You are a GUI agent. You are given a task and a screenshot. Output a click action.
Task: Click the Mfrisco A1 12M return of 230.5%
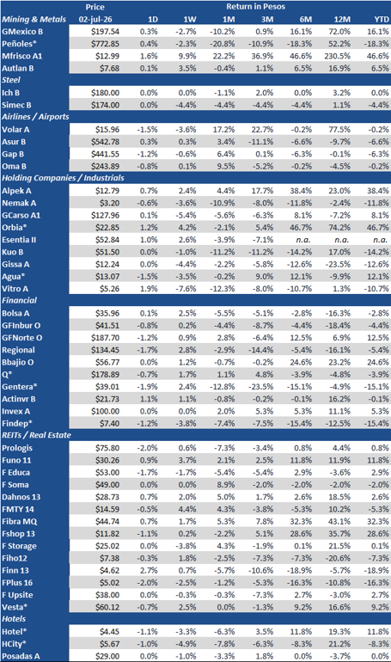point(338,56)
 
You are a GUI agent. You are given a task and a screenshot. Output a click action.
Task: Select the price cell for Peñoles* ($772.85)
point(106,44)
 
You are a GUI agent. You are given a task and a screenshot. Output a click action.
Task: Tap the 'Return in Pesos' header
point(255,7)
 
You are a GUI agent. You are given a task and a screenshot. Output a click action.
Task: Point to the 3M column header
point(267,20)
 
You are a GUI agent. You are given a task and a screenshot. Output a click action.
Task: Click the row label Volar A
point(14,130)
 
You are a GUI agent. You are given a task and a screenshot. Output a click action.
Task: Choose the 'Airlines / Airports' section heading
point(35,117)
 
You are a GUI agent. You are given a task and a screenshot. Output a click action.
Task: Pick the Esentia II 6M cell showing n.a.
point(302,240)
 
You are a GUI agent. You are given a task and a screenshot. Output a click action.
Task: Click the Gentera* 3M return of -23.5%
point(261,387)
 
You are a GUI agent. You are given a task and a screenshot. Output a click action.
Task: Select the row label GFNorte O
point(22,338)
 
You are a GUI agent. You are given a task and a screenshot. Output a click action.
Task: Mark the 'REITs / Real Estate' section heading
point(36,435)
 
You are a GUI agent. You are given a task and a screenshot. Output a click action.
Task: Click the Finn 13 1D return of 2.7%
point(148,570)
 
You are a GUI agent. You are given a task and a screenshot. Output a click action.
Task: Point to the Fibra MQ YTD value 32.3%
point(378,521)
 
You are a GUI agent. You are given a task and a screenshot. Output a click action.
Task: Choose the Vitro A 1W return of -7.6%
point(186,289)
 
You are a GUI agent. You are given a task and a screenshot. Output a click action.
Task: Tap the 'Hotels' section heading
point(14,619)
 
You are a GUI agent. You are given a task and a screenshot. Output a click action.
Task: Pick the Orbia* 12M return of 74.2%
point(339,228)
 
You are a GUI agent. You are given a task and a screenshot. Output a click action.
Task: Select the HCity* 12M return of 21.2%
point(339,644)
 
